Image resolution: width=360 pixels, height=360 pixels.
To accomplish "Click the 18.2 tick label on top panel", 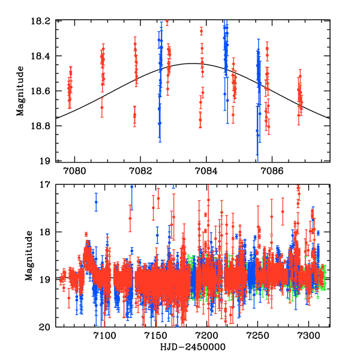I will tap(43, 21).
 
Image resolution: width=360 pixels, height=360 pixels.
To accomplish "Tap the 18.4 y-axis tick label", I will tap(43, 56).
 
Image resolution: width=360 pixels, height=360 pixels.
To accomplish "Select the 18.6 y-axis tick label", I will tap(43, 91).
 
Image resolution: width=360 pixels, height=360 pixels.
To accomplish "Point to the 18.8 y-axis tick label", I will tap(43, 126).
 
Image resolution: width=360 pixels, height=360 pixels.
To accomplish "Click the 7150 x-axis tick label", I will tap(155, 337).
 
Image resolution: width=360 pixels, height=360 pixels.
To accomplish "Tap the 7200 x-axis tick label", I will tap(206, 337).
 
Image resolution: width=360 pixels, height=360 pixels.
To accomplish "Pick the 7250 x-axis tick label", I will tap(258, 337).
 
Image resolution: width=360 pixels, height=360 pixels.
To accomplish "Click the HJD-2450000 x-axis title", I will tap(193, 349).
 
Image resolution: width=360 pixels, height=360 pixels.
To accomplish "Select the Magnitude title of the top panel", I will tap(21, 90).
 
